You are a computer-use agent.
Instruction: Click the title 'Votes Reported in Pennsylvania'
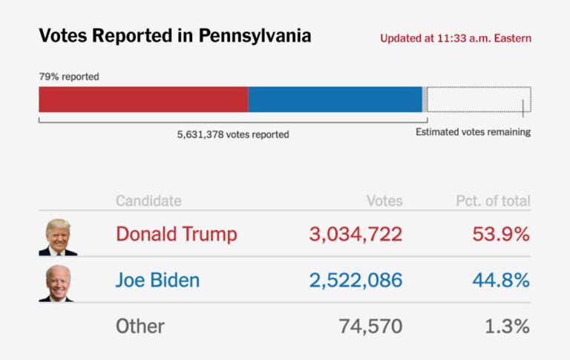(x=174, y=36)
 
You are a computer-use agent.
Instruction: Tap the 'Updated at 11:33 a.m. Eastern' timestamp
(x=455, y=38)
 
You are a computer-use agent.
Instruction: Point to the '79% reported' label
(x=69, y=76)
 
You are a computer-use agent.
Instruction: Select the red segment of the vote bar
(x=143, y=99)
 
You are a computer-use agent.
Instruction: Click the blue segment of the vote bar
(x=335, y=99)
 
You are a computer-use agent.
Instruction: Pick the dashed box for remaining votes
(x=478, y=99)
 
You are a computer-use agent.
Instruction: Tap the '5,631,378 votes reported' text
(x=233, y=134)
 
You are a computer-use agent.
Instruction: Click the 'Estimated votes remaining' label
(x=473, y=132)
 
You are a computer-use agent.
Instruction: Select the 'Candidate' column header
(x=148, y=201)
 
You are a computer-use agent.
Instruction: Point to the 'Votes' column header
(x=384, y=201)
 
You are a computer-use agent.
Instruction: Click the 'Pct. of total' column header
(x=493, y=201)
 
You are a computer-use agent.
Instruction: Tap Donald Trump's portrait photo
(x=58, y=237)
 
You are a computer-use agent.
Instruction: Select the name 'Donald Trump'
(x=177, y=235)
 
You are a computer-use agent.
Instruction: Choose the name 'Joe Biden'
(x=157, y=281)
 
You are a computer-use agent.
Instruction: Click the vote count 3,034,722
(x=356, y=235)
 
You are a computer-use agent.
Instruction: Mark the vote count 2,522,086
(x=356, y=281)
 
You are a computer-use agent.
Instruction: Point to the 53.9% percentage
(x=501, y=235)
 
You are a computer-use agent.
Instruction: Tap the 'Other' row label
(x=140, y=326)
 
